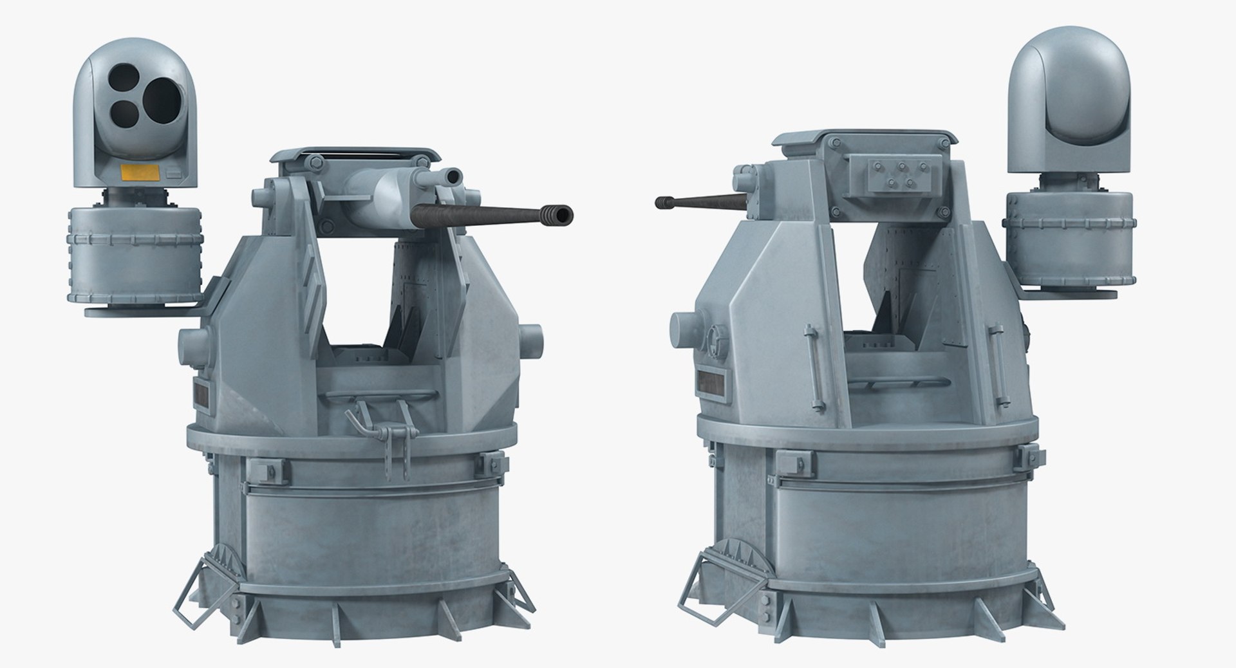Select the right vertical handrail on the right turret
997,360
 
